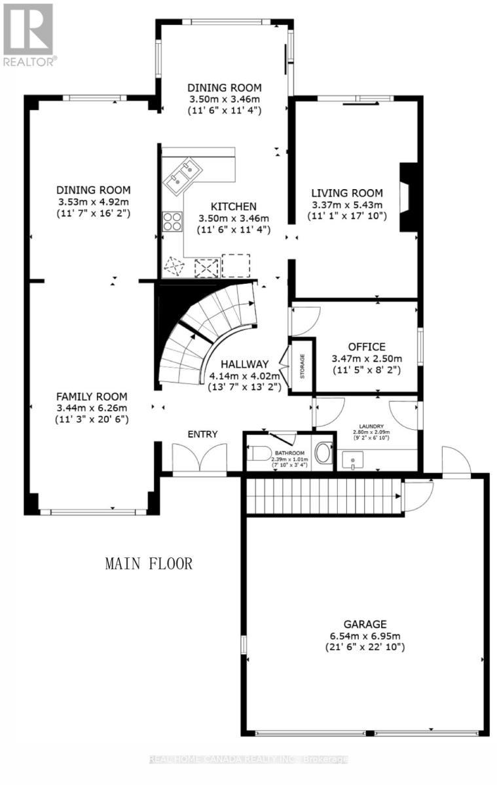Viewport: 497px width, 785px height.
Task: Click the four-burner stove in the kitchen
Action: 172,222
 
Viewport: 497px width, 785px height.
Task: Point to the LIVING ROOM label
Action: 346,193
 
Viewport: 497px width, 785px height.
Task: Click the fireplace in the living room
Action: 407,196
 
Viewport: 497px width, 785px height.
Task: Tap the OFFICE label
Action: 366,347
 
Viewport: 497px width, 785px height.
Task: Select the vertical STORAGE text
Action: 302,366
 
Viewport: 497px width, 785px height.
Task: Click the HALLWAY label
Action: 244,364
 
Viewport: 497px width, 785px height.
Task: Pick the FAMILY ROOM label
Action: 91,396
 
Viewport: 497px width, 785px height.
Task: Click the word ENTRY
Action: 202,434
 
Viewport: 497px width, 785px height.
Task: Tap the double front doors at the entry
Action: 199,458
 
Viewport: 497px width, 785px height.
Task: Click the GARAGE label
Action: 365,624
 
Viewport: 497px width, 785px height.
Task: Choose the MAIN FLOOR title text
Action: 149,564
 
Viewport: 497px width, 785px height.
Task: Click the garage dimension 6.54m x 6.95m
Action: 365,636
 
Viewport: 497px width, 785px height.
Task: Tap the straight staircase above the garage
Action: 321,496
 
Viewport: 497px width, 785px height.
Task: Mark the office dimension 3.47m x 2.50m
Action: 366,358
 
